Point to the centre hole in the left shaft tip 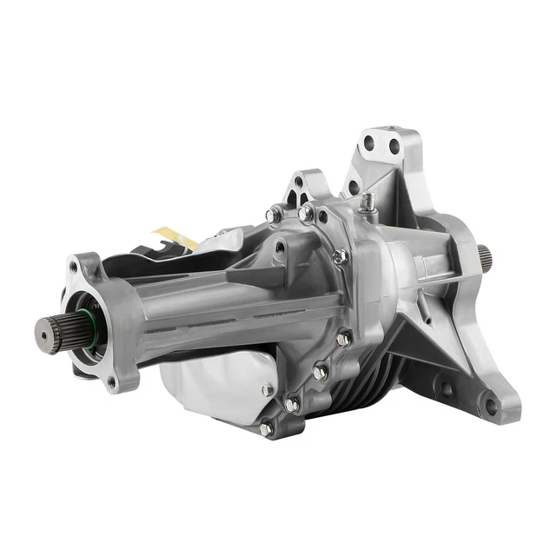[x=42, y=331]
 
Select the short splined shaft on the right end [x=483, y=256]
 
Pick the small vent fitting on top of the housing [x=368, y=202]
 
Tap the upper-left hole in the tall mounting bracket [x=369, y=143]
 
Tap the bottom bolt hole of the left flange [x=111, y=380]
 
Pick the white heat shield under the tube [x=213, y=382]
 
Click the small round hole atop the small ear [x=299, y=182]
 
